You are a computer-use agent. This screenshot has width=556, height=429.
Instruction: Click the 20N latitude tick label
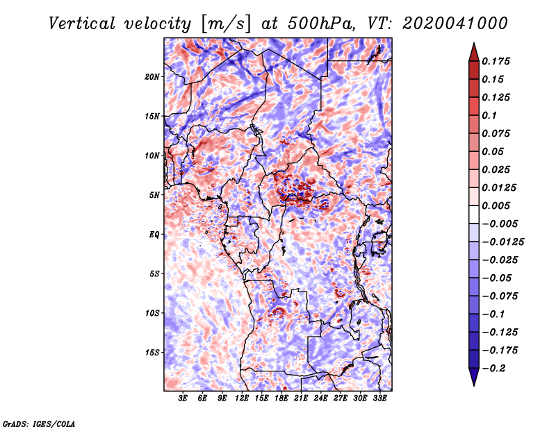coord(152,77)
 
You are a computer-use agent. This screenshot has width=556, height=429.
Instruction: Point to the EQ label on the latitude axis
coord(154,235)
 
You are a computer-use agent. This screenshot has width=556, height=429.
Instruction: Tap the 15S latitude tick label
coord(152,353)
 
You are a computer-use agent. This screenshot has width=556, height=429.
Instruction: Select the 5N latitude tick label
coord(154,195)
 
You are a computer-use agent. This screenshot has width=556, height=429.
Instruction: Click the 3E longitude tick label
coord(183,398)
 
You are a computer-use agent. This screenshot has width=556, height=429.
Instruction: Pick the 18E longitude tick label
coord(281,398)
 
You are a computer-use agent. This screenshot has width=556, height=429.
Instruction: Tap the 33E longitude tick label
coord(379,398)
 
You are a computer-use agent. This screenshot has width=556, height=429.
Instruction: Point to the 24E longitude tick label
coord(320,398)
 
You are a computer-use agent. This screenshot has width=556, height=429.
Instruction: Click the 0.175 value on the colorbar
coord(496,61)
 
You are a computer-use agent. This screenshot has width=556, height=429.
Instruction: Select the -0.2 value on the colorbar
coord(493,369)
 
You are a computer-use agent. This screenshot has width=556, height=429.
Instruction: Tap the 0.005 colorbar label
coord(496,205)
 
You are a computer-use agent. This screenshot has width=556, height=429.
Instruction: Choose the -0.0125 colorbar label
coord(502,242)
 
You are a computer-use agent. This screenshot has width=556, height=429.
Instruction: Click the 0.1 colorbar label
coord(489,115)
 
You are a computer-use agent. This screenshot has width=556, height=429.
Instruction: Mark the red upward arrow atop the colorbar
coord(474,52)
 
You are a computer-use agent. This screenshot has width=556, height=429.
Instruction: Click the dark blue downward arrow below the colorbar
coord(474,377)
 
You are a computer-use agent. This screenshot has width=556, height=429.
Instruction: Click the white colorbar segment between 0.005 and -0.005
coord(474,214)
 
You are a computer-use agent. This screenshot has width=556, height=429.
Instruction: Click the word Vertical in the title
coord(82,24)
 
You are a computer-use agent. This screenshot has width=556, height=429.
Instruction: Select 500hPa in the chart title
coord(321,24)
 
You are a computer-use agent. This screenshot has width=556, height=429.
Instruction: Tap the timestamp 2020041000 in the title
coord(455,24)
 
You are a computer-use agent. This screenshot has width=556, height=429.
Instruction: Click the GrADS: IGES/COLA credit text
coord(39,423)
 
